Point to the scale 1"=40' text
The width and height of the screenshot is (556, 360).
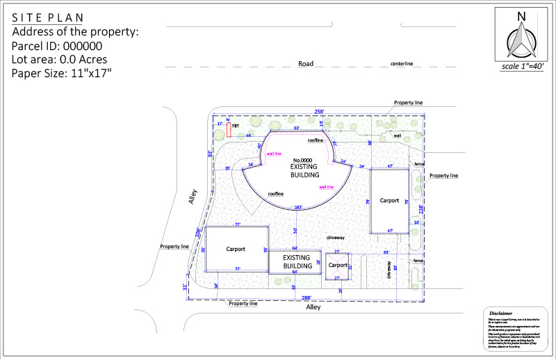(522, 67)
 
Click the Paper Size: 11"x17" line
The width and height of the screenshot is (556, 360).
(62, 72)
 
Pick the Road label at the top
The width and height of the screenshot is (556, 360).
(305, 63)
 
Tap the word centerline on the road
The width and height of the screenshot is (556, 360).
(402, 64)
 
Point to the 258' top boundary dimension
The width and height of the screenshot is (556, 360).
(319, 111)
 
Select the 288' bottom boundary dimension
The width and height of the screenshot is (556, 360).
(306, 297)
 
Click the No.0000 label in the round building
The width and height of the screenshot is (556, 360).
(304, 160)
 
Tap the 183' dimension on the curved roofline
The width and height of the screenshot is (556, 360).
(297, 207)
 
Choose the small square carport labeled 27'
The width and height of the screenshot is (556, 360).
(338, 265)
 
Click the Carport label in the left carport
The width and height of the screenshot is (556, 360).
(237, 248)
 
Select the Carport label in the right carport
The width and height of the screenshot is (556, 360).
(389, 200)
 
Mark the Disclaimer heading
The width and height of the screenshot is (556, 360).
(500, 313)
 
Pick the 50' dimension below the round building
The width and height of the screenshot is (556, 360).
(295, 230)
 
